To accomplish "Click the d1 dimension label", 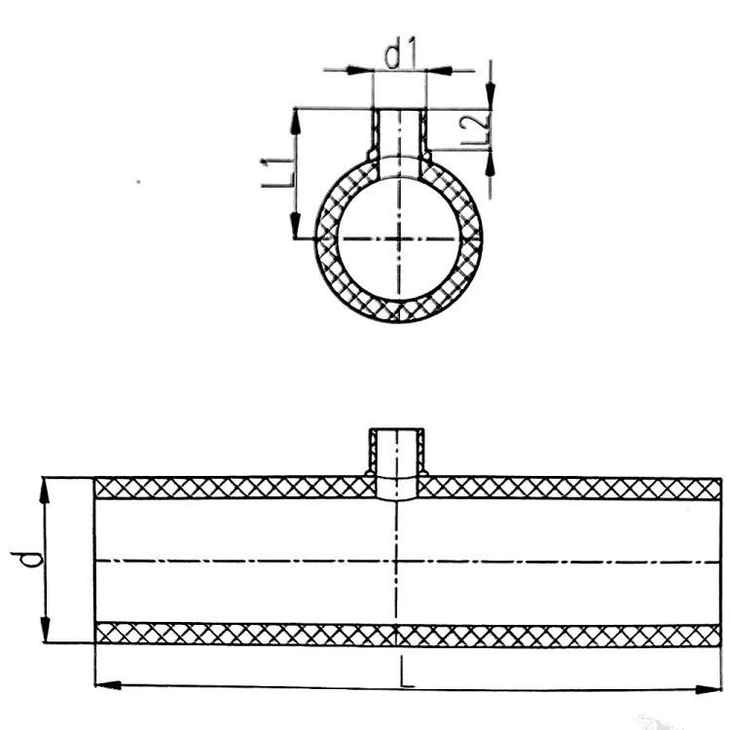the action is [x=400, y=55].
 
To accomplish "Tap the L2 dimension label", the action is [x=474, y=128].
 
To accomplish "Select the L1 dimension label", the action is [x=278, y=172].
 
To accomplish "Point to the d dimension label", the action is [x=27, y=559].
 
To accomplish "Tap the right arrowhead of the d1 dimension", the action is [x=439, y=71].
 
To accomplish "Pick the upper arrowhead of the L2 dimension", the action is [x=491, y=96].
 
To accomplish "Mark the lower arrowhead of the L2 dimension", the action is [x=491, y=163].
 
